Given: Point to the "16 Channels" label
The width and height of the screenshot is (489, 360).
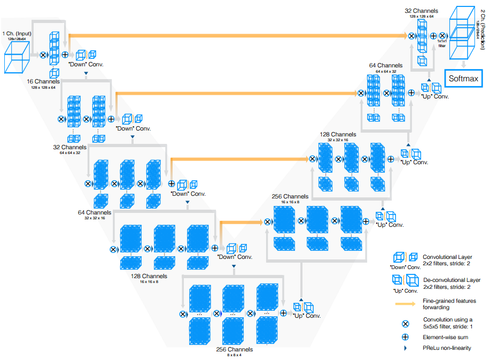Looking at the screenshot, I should [x=43, y=81].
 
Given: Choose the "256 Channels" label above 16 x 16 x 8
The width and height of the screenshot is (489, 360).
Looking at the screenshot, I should [x=291, y=196].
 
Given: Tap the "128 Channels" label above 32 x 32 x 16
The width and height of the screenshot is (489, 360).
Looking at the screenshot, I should [x=337, y=134].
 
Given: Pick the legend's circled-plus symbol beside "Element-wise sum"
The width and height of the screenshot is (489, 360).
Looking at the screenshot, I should [x=405, y=337].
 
